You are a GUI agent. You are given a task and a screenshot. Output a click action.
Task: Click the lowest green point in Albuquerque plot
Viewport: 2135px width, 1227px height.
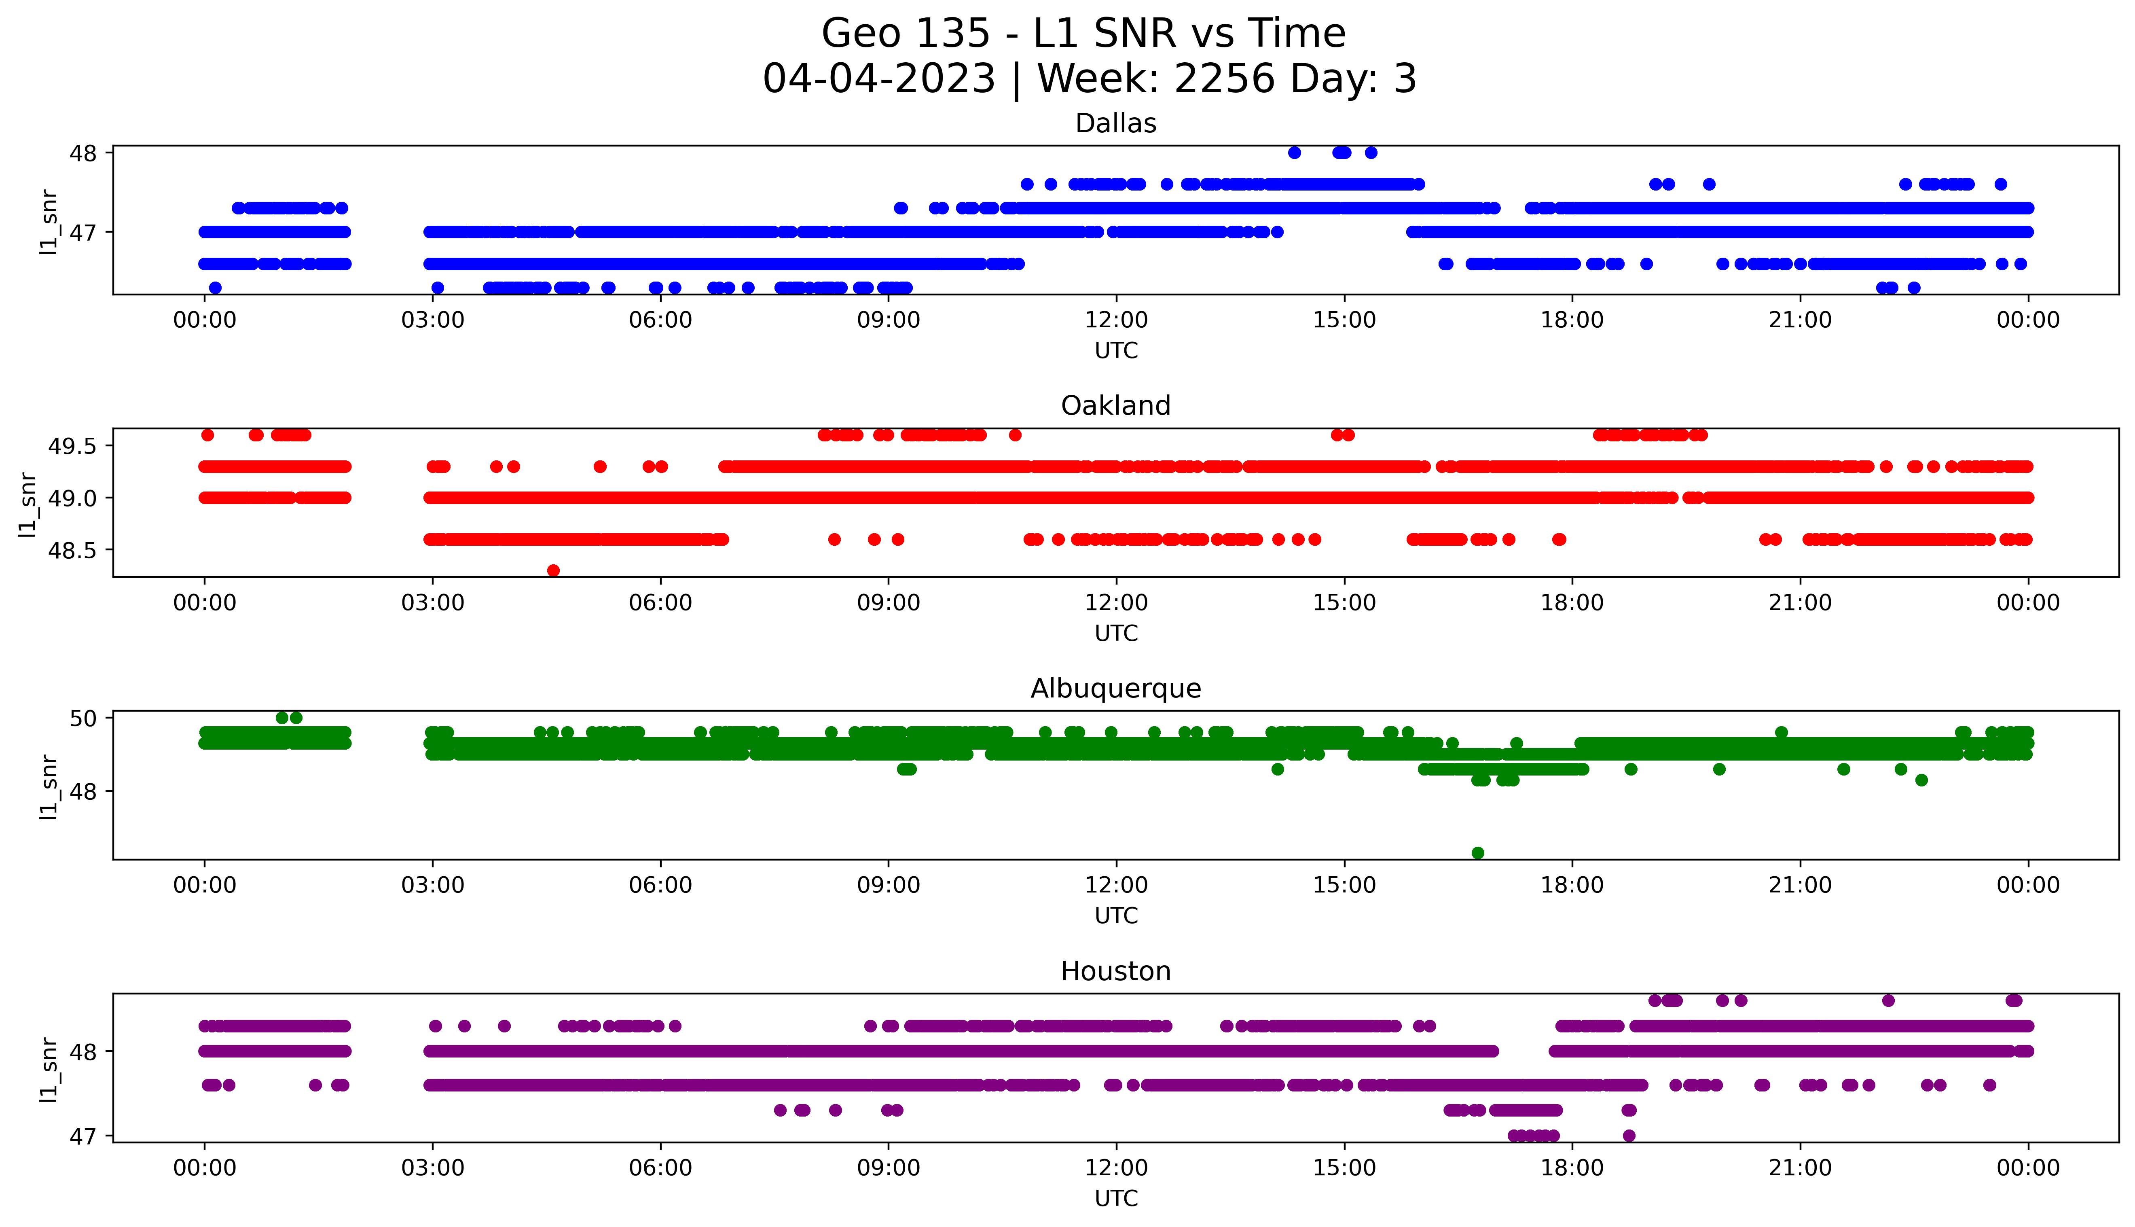pos(1477,853)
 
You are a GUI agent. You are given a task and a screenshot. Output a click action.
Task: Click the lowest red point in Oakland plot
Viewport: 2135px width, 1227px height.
pos(553,570)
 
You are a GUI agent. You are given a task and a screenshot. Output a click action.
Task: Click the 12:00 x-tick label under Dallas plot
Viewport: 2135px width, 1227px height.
pos(1116,320)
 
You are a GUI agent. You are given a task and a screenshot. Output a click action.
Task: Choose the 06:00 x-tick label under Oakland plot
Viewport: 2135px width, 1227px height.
pos(660,602)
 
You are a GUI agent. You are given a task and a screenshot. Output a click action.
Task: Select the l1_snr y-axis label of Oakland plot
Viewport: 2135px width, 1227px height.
pos(28,504)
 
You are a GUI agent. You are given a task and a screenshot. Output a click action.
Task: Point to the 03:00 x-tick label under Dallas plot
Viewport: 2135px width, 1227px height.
pos(433,320)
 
